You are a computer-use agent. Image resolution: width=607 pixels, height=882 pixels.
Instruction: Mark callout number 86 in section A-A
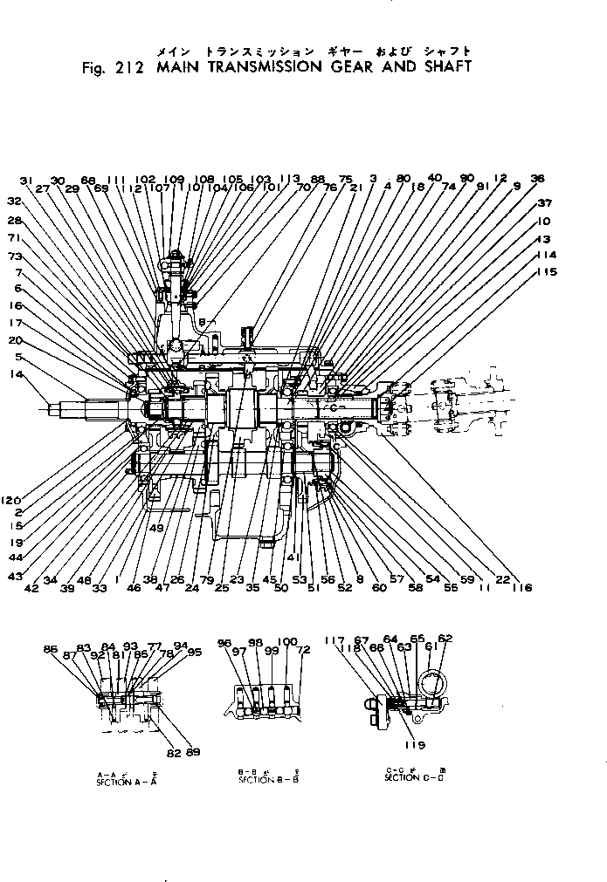click(51, 649)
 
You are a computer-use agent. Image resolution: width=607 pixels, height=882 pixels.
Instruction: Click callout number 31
click(25, 180)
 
